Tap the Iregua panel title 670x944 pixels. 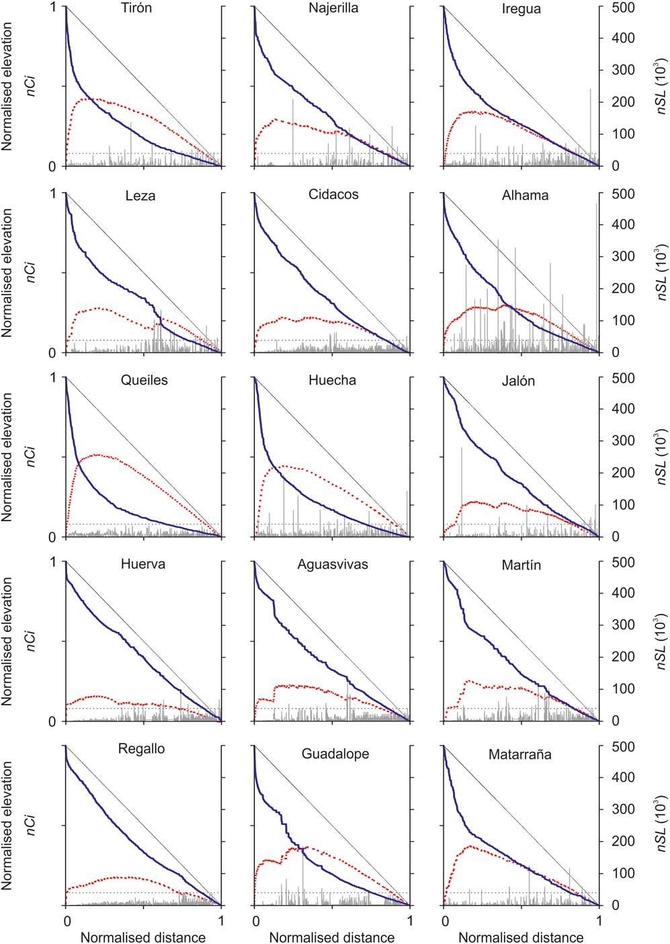coord(521,9)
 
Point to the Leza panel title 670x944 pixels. coord(140,196)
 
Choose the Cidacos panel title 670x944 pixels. coord(333,195)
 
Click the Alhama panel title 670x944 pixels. coord(525,196)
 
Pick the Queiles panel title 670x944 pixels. coord(144,381)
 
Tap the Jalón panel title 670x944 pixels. coord(518,381)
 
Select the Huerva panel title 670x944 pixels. coord(142,565)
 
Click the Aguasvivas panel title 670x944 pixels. coord(333,565)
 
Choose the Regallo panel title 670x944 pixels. coord(141,749)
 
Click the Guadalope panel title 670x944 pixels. coord(335,754)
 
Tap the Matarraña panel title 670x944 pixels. coord(519,754)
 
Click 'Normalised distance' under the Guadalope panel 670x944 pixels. coord(332,937)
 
